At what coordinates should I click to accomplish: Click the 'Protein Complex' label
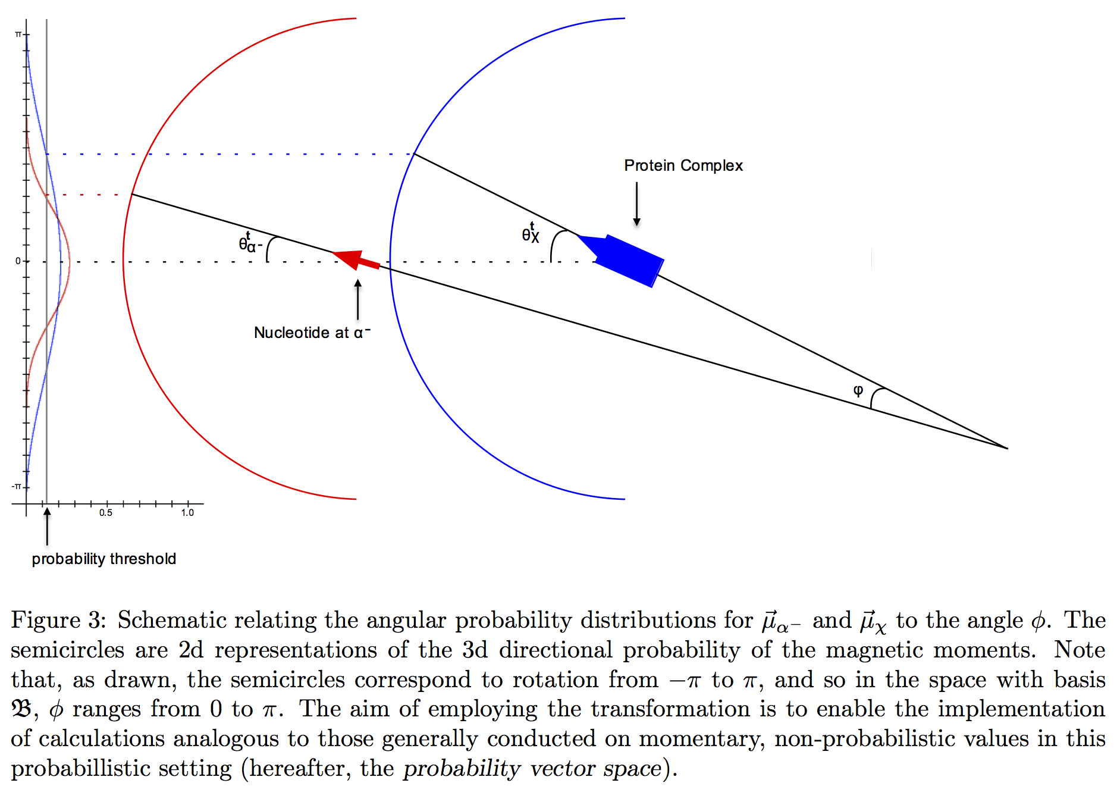pyautogui.click(x=683, y=165)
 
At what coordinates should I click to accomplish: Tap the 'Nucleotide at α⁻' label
pyautogui.click(x=311, y=333)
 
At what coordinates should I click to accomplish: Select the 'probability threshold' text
pyautogui.click(x=103, y=559)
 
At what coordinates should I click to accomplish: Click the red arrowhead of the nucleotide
pyautogui.click(x=348, y=258)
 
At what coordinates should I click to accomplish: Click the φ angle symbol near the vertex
pyautogui.click(x=858, y=390)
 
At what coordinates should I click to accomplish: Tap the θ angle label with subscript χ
pyautogui.click(x=531, y=233)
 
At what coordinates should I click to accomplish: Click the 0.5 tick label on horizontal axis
pyautogui.click(x=106, y=513)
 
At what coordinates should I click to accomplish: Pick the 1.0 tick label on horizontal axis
pyautogui.click(x=187, y=513)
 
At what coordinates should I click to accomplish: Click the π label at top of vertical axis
pyautogui.click(x=18, y=35)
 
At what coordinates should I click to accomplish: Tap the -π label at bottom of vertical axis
pyautogui.click(x=17, y=487)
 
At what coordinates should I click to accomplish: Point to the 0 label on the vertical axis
pyautogui.click(x=18, y=261)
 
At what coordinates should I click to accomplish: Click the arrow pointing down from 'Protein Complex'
pyautogui.click(x=636, y=204)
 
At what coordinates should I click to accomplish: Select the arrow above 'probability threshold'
pyautogui.click(x=47, y=526)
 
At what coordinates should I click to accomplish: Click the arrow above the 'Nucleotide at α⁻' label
pyautogui.click(x=357, y=300)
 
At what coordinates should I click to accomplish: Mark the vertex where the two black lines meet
pyautogui.click(x=1007, y=448)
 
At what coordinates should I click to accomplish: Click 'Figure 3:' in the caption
pyautogui.click(x=58, y=620)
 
